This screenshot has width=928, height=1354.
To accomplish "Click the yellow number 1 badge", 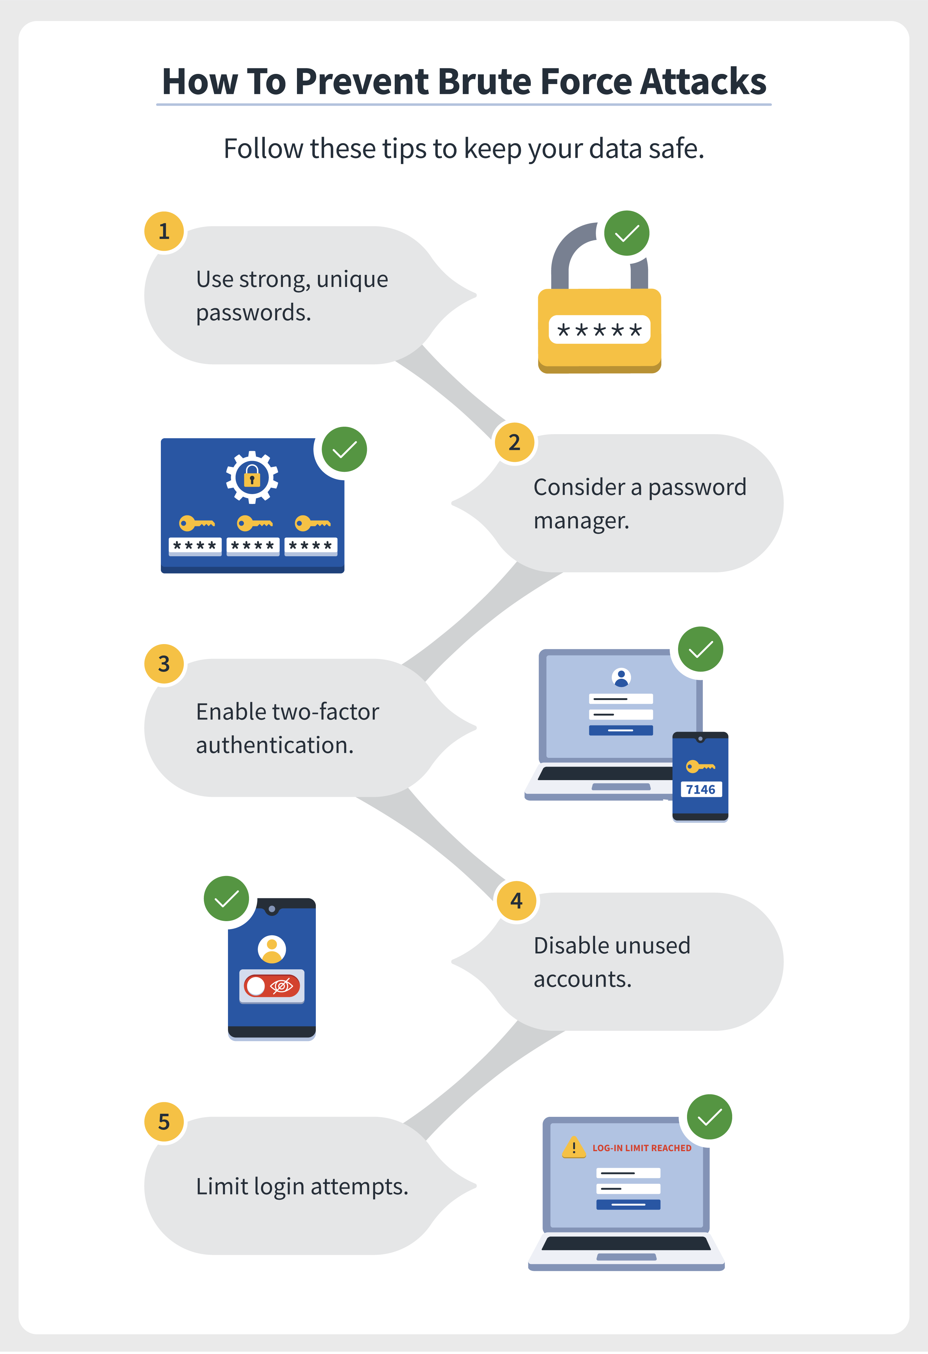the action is point(164,231).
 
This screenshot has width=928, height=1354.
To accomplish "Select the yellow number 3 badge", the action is point(164,664).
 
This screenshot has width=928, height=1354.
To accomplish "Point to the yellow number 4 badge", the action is point(517,901).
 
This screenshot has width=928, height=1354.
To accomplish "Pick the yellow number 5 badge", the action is point(164,1121).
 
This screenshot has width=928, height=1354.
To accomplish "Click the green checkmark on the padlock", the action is point(627,233).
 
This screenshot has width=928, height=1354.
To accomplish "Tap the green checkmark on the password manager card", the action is point(345,449).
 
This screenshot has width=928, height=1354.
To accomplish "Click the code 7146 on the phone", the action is point(701,789).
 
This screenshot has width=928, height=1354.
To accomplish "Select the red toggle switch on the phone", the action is point(272,986).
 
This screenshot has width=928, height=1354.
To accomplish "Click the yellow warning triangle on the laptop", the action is point(574,1147).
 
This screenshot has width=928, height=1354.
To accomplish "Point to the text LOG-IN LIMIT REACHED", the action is point(642,1148).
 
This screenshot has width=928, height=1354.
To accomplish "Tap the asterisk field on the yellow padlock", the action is point(599,330).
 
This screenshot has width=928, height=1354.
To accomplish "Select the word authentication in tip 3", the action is point(275,745).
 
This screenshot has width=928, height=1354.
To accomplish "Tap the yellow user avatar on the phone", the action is point(272,949).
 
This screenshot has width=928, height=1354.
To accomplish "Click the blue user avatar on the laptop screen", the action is point(621,677).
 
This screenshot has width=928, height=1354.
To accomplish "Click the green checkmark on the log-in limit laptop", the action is point(709,1117).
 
